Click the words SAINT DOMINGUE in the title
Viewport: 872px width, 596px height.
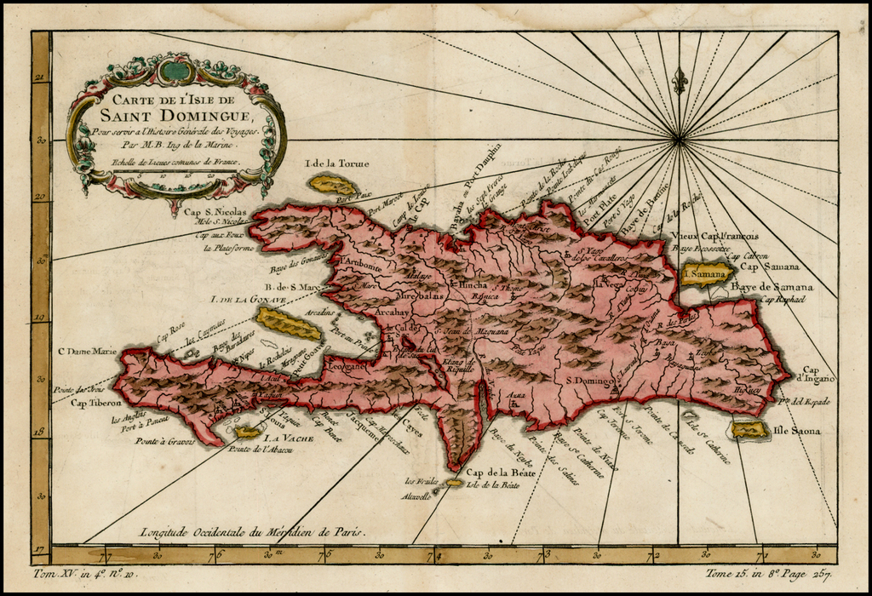click(x=175, y=116)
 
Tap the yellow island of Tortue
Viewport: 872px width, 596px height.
click(x=333, y=185)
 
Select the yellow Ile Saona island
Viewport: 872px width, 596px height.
click(x=750, y=431)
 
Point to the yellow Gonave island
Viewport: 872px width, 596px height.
click(x=289, y=324)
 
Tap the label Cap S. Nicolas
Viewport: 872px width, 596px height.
click(x=215, y=212)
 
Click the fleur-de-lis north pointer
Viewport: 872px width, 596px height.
click(x=679, y=81)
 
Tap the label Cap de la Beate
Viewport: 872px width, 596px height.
click(x=493, y=473)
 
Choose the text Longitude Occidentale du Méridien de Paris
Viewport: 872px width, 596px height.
click(x=254, y=531)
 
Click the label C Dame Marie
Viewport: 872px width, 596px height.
click(x=85, y=351)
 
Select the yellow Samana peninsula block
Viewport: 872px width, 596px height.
click(x=706, y=273)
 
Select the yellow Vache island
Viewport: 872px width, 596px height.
click(x=247, y=432)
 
